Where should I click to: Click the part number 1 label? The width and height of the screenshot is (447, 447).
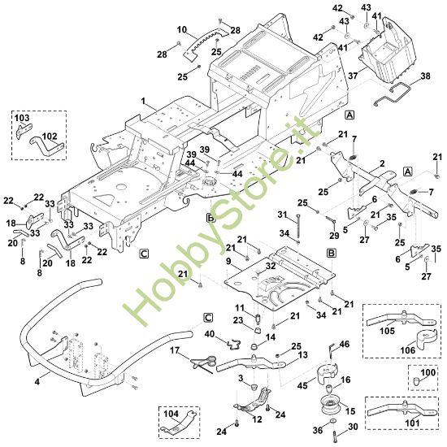pos(143,102)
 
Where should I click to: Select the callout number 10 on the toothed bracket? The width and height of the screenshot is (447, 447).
pos(182,29)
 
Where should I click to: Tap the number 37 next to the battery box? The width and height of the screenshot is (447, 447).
pos(353,76)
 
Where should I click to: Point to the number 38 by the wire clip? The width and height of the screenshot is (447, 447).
pos(425,76)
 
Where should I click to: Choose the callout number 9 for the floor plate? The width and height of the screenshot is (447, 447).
pos(228,261)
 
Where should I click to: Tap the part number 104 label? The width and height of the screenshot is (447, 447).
pos(171,414)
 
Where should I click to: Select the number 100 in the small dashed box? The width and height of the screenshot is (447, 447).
pos(427,372)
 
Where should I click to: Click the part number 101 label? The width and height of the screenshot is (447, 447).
pos(412,423)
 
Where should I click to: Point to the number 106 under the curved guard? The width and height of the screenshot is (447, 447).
pos(408,349)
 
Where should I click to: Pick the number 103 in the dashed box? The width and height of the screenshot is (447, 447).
pos(22,118)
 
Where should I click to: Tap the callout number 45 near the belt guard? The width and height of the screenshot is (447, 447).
pos(302,385)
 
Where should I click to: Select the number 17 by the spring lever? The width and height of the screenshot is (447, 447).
pos(175,350)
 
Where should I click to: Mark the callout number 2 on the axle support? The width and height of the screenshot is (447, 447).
pos(382,163)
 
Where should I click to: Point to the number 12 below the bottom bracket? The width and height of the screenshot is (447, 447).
pos(257,419)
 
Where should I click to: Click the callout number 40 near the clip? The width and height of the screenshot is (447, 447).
pos(210,333)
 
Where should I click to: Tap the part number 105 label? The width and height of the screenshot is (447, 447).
pos(387,331)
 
